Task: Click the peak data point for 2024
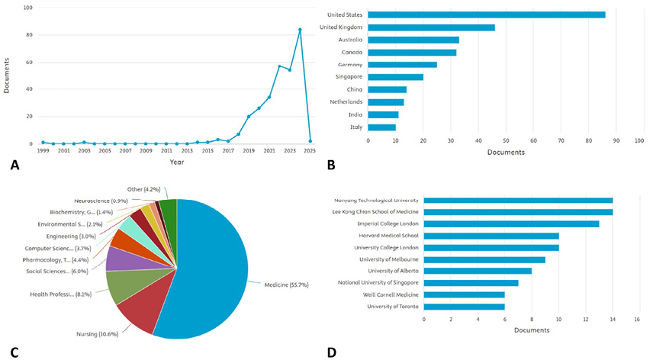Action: click(300, 30)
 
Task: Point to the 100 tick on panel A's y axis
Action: click(28, 8)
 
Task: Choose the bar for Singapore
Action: click(395, 77)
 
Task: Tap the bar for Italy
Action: click(381, 127)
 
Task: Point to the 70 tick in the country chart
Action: click(560, 140)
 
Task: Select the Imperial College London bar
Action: click(511, 223)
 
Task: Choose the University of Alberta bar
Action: click(478, 271)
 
